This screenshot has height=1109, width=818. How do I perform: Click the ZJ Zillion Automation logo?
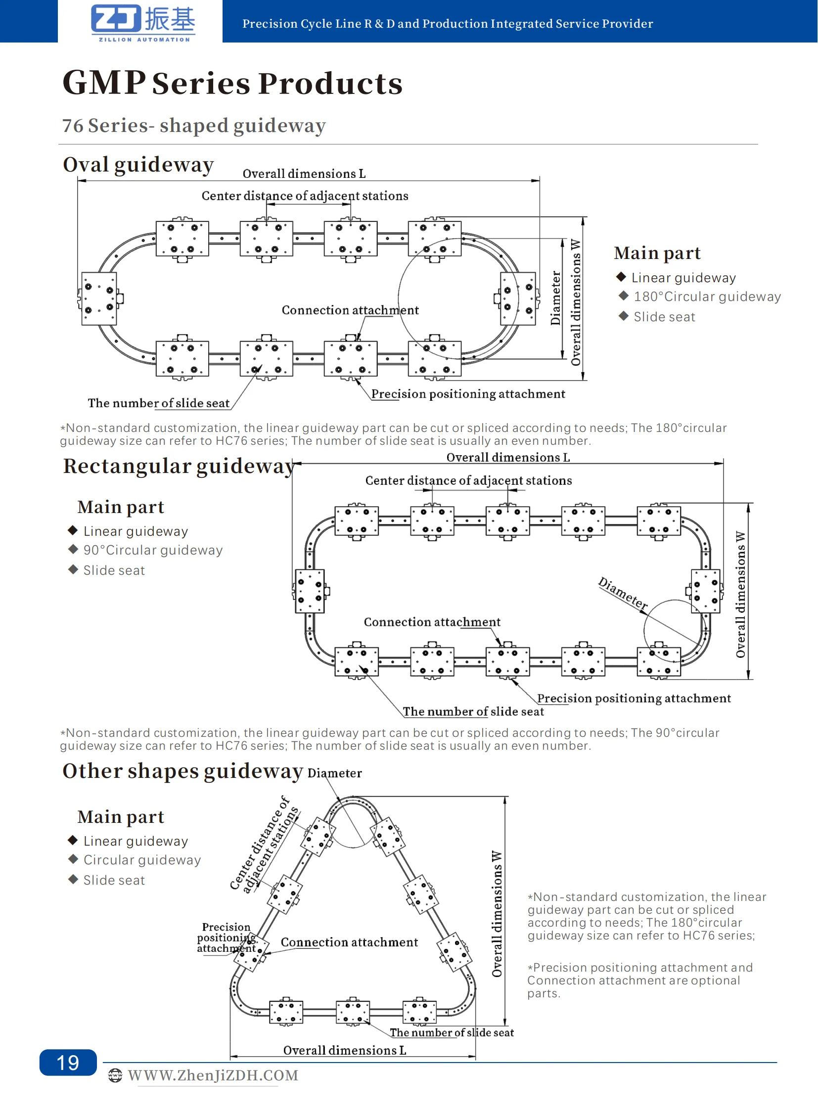(x=143, y=22)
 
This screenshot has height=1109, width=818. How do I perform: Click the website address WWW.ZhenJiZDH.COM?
(x=213, y=1075)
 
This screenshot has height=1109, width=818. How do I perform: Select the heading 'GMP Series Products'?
(x=232, y=83)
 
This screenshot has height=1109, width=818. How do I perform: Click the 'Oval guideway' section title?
(x=138, y=164)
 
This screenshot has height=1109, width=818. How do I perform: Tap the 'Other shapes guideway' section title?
(x=182, y=770)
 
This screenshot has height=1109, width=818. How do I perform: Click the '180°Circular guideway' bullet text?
(x=707, y=297)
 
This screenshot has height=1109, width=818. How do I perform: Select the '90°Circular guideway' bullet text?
(x=152, y=550)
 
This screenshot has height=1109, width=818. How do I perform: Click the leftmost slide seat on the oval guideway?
(x=99, y=299)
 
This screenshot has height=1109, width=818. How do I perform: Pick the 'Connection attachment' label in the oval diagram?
(x=350, y=310)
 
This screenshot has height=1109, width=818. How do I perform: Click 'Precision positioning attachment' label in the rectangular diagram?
(x=634, y=698)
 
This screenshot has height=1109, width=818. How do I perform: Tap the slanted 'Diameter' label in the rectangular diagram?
(x=623, y=594)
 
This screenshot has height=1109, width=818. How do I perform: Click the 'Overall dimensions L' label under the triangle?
(x=345, y=1050)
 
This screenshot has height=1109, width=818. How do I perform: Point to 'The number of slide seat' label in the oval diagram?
(x=158, y=403)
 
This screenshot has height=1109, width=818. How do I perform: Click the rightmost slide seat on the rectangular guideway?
(x=705, y=591)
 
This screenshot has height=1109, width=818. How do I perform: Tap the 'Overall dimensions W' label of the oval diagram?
(x=575, y=302)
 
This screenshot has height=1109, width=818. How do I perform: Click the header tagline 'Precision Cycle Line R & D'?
(x=447, y=23)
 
